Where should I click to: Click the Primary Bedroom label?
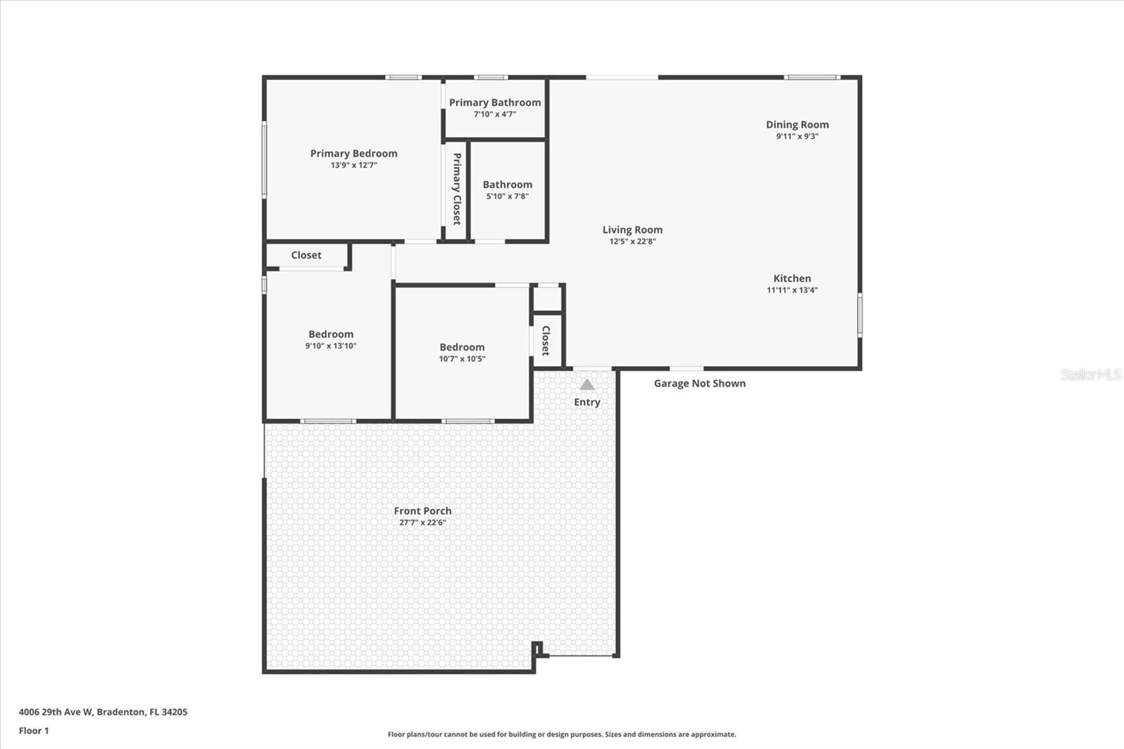pyautogui.click(x=353, y=153)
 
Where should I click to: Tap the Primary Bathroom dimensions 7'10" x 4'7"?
pyautogui.click(x=495, y=114)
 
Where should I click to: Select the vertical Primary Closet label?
pyautogui.click(x=457, y=189)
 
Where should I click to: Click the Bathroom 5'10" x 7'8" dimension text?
pyautogui.click(x=507, y=196)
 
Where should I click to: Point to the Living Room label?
pyautogui.click(x=632, y=230)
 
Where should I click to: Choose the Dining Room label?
pyautogui.click(x=797, y=124)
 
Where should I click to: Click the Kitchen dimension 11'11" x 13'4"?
pyautogui.click(x=792, y=289)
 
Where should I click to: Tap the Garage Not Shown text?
pyautogui.click(x=700, y=383)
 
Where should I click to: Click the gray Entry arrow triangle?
pyautogui.click(x=587, y=385)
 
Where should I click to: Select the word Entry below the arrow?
pyautogui.click(x=587, y=402)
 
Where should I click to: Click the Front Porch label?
pyautogui.click(x=422, y=511)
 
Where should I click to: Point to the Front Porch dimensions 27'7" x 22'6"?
pyautogui.click(x=422, y=522)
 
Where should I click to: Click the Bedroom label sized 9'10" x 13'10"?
pyautogui.click(x=331, y=334)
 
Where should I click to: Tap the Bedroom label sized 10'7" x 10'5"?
pyautogui.click(x=462, y=347)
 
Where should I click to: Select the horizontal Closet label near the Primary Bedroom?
pyautogui.click(x=306, y=255)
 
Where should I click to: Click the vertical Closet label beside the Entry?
pyautogui.click(x=546, y=341)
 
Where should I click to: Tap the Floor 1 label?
pyautogui.click(x=34, y=731)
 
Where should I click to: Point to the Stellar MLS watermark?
pyautogui.click(x=1090, y=374)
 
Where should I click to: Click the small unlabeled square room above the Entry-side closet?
pyautogui.click(x=547, y=299)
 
